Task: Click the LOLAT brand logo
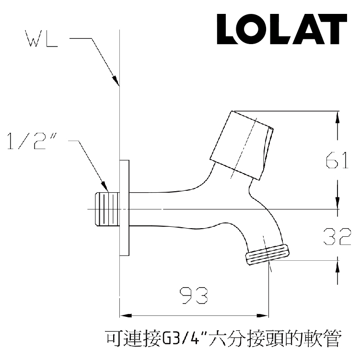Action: [x=281, y=30]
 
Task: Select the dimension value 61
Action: [x=337, y=162]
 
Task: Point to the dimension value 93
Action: [x=193, y=296]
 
